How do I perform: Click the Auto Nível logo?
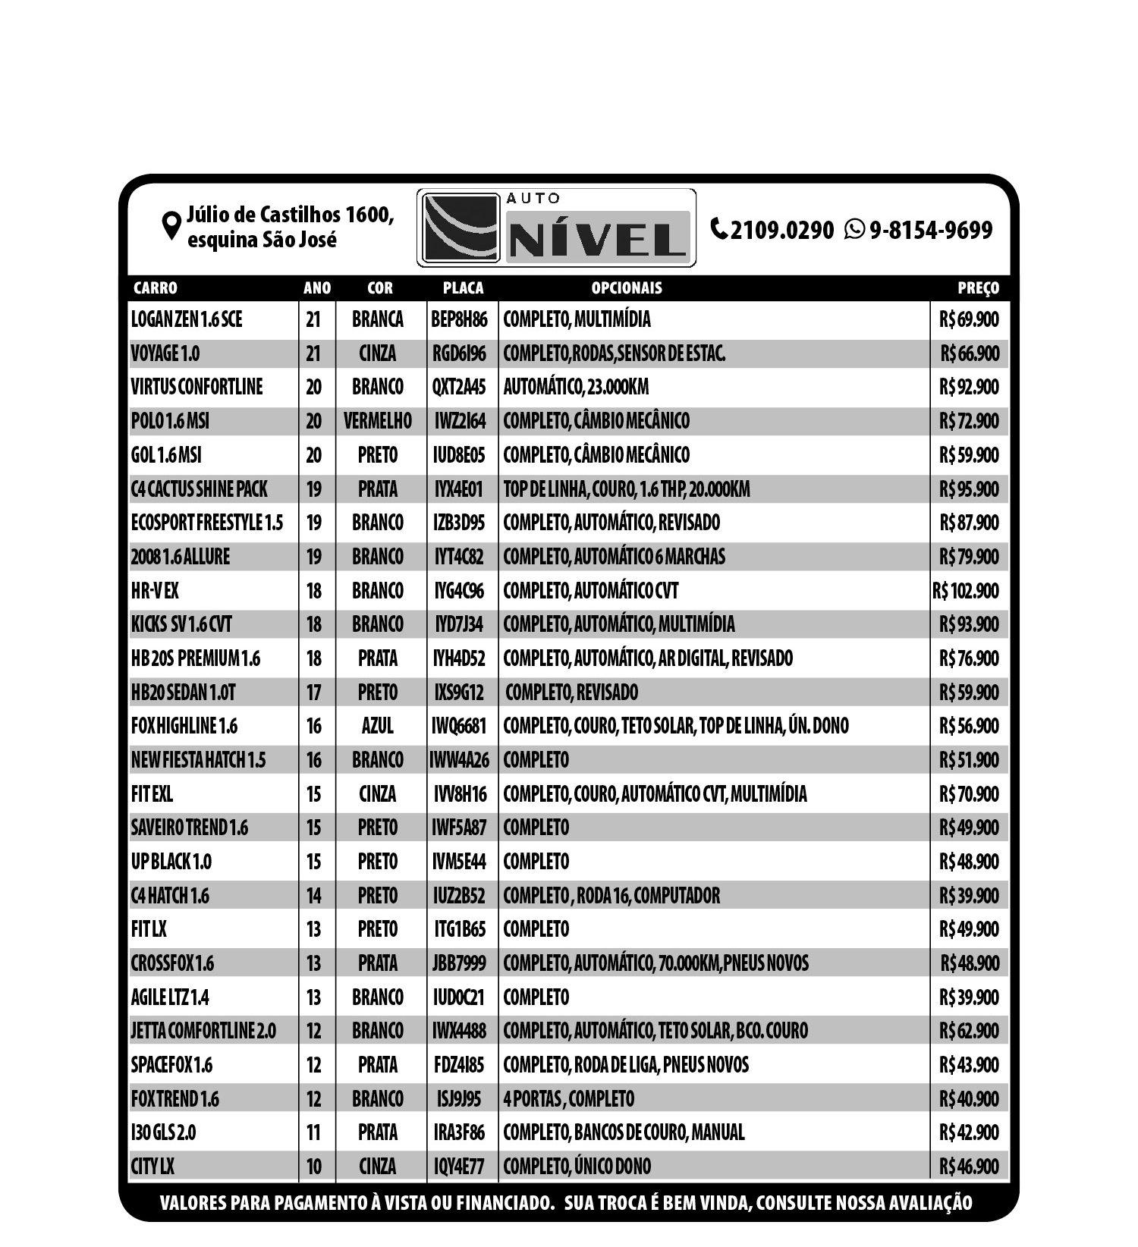[556, 228]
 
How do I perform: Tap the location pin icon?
[171, 226]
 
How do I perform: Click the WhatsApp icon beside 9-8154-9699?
[854, 229]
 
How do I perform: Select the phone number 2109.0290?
[781, 230]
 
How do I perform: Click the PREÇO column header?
[978, 288]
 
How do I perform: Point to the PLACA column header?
[463, 288]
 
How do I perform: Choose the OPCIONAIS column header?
[627, 288]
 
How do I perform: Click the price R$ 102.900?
[965, 591]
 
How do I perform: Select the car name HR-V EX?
[155, 591]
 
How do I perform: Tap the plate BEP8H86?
[459, 319]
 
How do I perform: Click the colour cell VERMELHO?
[377, 421]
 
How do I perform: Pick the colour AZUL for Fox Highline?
[377, 726]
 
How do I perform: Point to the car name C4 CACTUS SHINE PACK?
[199, 489]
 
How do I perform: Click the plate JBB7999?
[459, 963]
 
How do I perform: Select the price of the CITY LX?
[969, 1167]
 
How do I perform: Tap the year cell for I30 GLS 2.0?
[313, 1132]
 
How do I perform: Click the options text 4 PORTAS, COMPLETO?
[568, 1099]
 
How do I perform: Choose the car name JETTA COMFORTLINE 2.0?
[203, 1031]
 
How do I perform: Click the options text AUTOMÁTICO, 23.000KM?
[576, 387]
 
